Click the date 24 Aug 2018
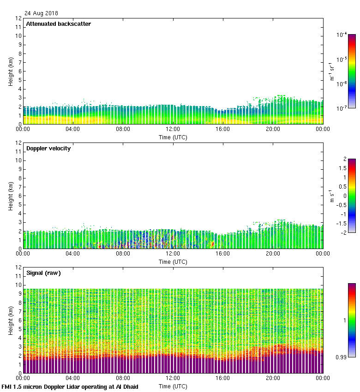pos(42,13)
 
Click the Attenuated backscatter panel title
pos(58,24)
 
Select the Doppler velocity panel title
pos(48,148)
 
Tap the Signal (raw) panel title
pos(44,273)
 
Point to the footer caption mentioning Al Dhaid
pos(70,386)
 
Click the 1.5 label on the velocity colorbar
pos(342,168)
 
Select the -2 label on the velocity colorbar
pos(344,232)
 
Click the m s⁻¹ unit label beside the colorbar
pos(330,196)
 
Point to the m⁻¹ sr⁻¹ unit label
pos(330,71)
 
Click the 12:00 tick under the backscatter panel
pos(173,129)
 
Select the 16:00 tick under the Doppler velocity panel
pos(223,254)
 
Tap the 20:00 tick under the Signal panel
pos(273,378)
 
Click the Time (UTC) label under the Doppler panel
pos(173,261)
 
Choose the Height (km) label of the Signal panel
pos(11,320)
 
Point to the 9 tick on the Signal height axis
pos(20,294)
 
